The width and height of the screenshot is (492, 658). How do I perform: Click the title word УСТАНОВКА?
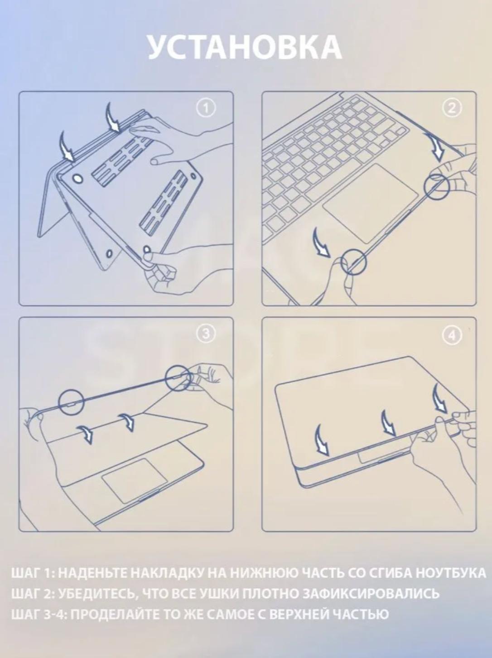point(245,48)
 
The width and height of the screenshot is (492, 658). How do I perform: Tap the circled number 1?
point(206,108)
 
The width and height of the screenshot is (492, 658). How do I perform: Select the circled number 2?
point(452,108)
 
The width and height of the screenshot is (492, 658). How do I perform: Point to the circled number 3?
point(206,335)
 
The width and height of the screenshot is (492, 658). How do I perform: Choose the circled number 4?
point(452,335)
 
